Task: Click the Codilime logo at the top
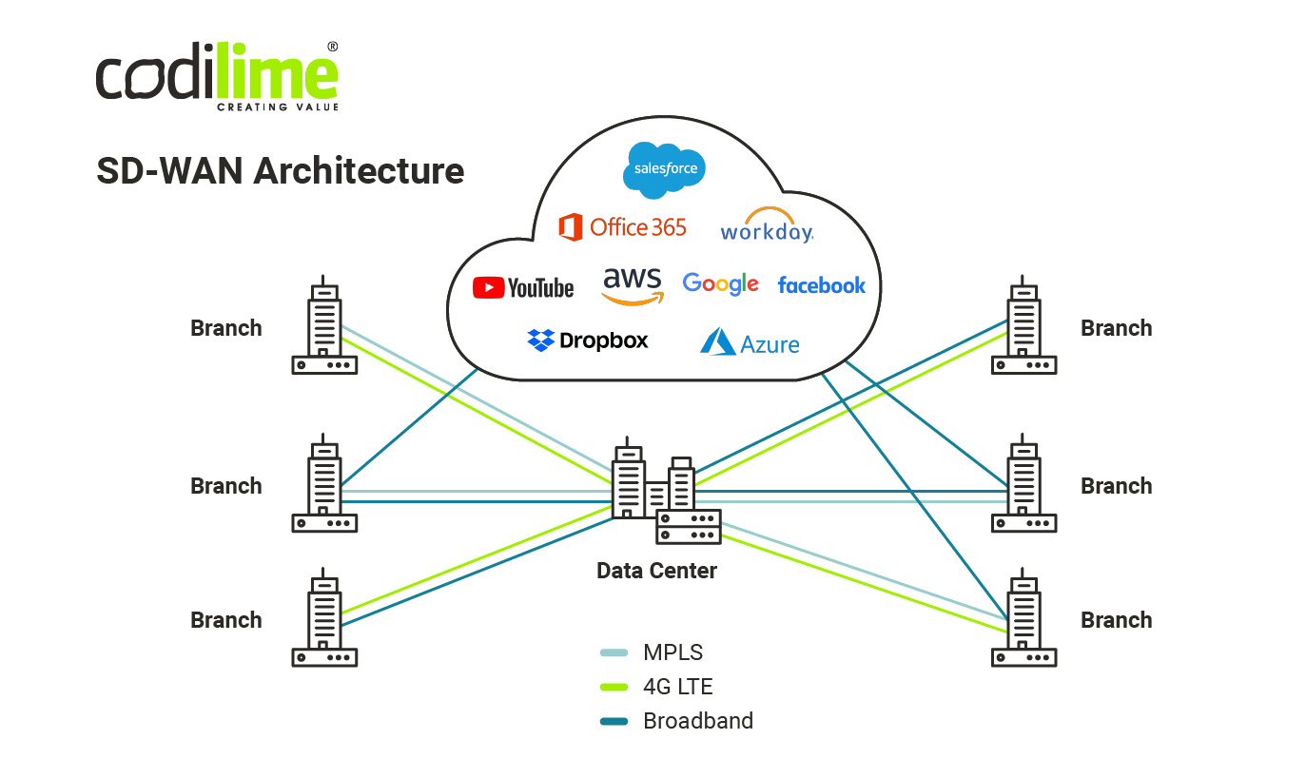click(x=217, y=77)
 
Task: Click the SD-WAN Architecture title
click(x=280, y=171)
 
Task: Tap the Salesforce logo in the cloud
click(x=664, y=169)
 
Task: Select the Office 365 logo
click(x=623, y=227)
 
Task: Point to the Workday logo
click(x=767, y=226)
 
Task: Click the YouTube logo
click(x=523, y=287)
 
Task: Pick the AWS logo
click(x=633, y=284)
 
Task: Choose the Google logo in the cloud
click(x=720, y=284)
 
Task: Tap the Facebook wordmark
click(x=821, y=285)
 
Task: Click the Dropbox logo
click(x=588, y=341)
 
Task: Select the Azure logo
click(x=750, y=342)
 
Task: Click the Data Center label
click(x=656, y=571)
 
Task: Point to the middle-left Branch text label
click(x=226, y=486)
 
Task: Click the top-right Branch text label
click(x=1116, y=328)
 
